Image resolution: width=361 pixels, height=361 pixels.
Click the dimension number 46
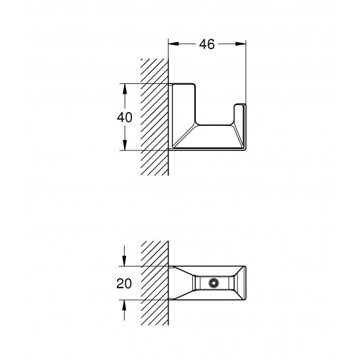point(207,44)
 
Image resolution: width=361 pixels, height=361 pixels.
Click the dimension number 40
point(125,117)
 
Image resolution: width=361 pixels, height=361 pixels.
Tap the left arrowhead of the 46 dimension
point(173,44)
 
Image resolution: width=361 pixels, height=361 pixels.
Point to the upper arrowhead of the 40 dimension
point(125,88)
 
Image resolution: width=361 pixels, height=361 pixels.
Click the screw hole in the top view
point(213,283)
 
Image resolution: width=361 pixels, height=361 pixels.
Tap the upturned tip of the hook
point(242,109)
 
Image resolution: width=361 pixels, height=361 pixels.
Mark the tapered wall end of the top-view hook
point(179,283)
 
